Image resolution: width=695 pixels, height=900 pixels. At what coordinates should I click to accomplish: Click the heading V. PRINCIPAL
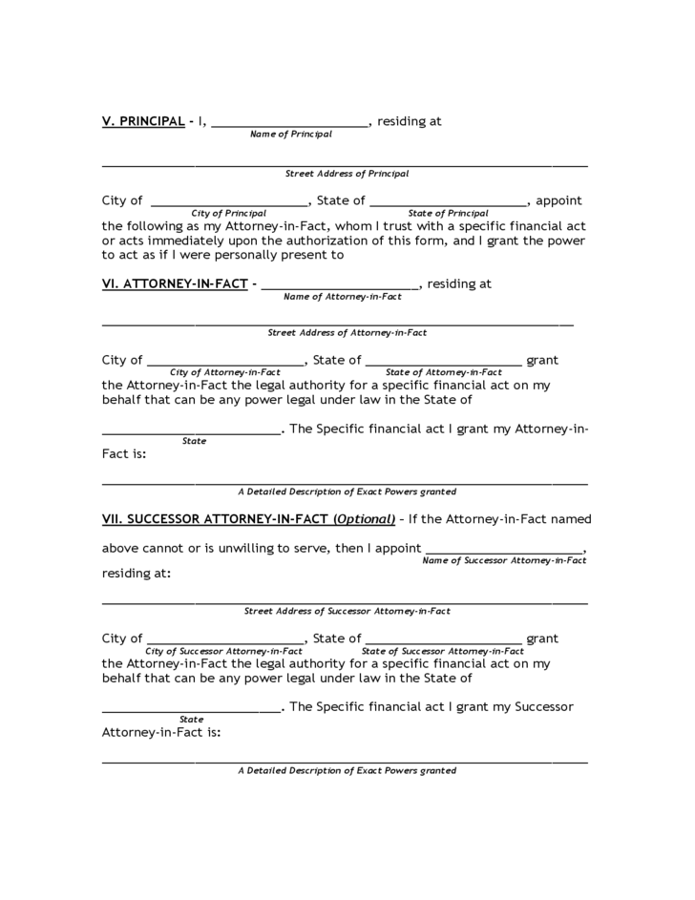[x=143, y=121]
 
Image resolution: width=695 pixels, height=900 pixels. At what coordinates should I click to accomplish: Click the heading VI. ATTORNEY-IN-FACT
[x=175, y=283]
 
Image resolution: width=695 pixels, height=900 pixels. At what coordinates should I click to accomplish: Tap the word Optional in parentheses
[x=364, y=519]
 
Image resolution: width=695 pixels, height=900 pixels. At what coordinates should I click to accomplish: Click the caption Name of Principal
[x=290, y=135]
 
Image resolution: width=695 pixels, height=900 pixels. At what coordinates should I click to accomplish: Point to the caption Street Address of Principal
[x=347, y=174]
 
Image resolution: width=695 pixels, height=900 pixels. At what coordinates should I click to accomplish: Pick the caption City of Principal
[x=228, y=213]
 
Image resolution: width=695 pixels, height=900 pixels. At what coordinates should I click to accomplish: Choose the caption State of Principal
[x=448, y=213]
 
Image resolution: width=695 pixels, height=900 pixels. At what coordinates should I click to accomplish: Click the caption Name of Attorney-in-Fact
[x=342, y=297]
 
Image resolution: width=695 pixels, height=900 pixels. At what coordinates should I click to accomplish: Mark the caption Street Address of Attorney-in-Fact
[x=347, y=333]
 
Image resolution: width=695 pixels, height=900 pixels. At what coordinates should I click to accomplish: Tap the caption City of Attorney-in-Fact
[x=225, y=372]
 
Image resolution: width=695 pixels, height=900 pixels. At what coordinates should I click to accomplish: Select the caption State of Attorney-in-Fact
[x=443, y=372]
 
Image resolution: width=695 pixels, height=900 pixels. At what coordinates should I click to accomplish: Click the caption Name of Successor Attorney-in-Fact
[x=504, y=560]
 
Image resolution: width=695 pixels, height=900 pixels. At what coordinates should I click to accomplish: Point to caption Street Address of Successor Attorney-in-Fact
[x=347, y=611]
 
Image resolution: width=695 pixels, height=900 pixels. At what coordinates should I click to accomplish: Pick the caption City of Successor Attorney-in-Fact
[x=223, y=651]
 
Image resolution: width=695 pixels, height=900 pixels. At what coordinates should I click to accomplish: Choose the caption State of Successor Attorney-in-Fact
[x=443, y=651]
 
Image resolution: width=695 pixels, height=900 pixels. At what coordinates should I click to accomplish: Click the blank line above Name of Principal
[x=289, y=124]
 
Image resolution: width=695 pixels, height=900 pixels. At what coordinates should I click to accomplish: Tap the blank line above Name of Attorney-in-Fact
[x=340, y=286]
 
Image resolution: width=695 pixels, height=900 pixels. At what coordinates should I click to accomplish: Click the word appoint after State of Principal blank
[x=558, y=200]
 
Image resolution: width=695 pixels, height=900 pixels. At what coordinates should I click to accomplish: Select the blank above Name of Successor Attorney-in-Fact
[x=504, y=551]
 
